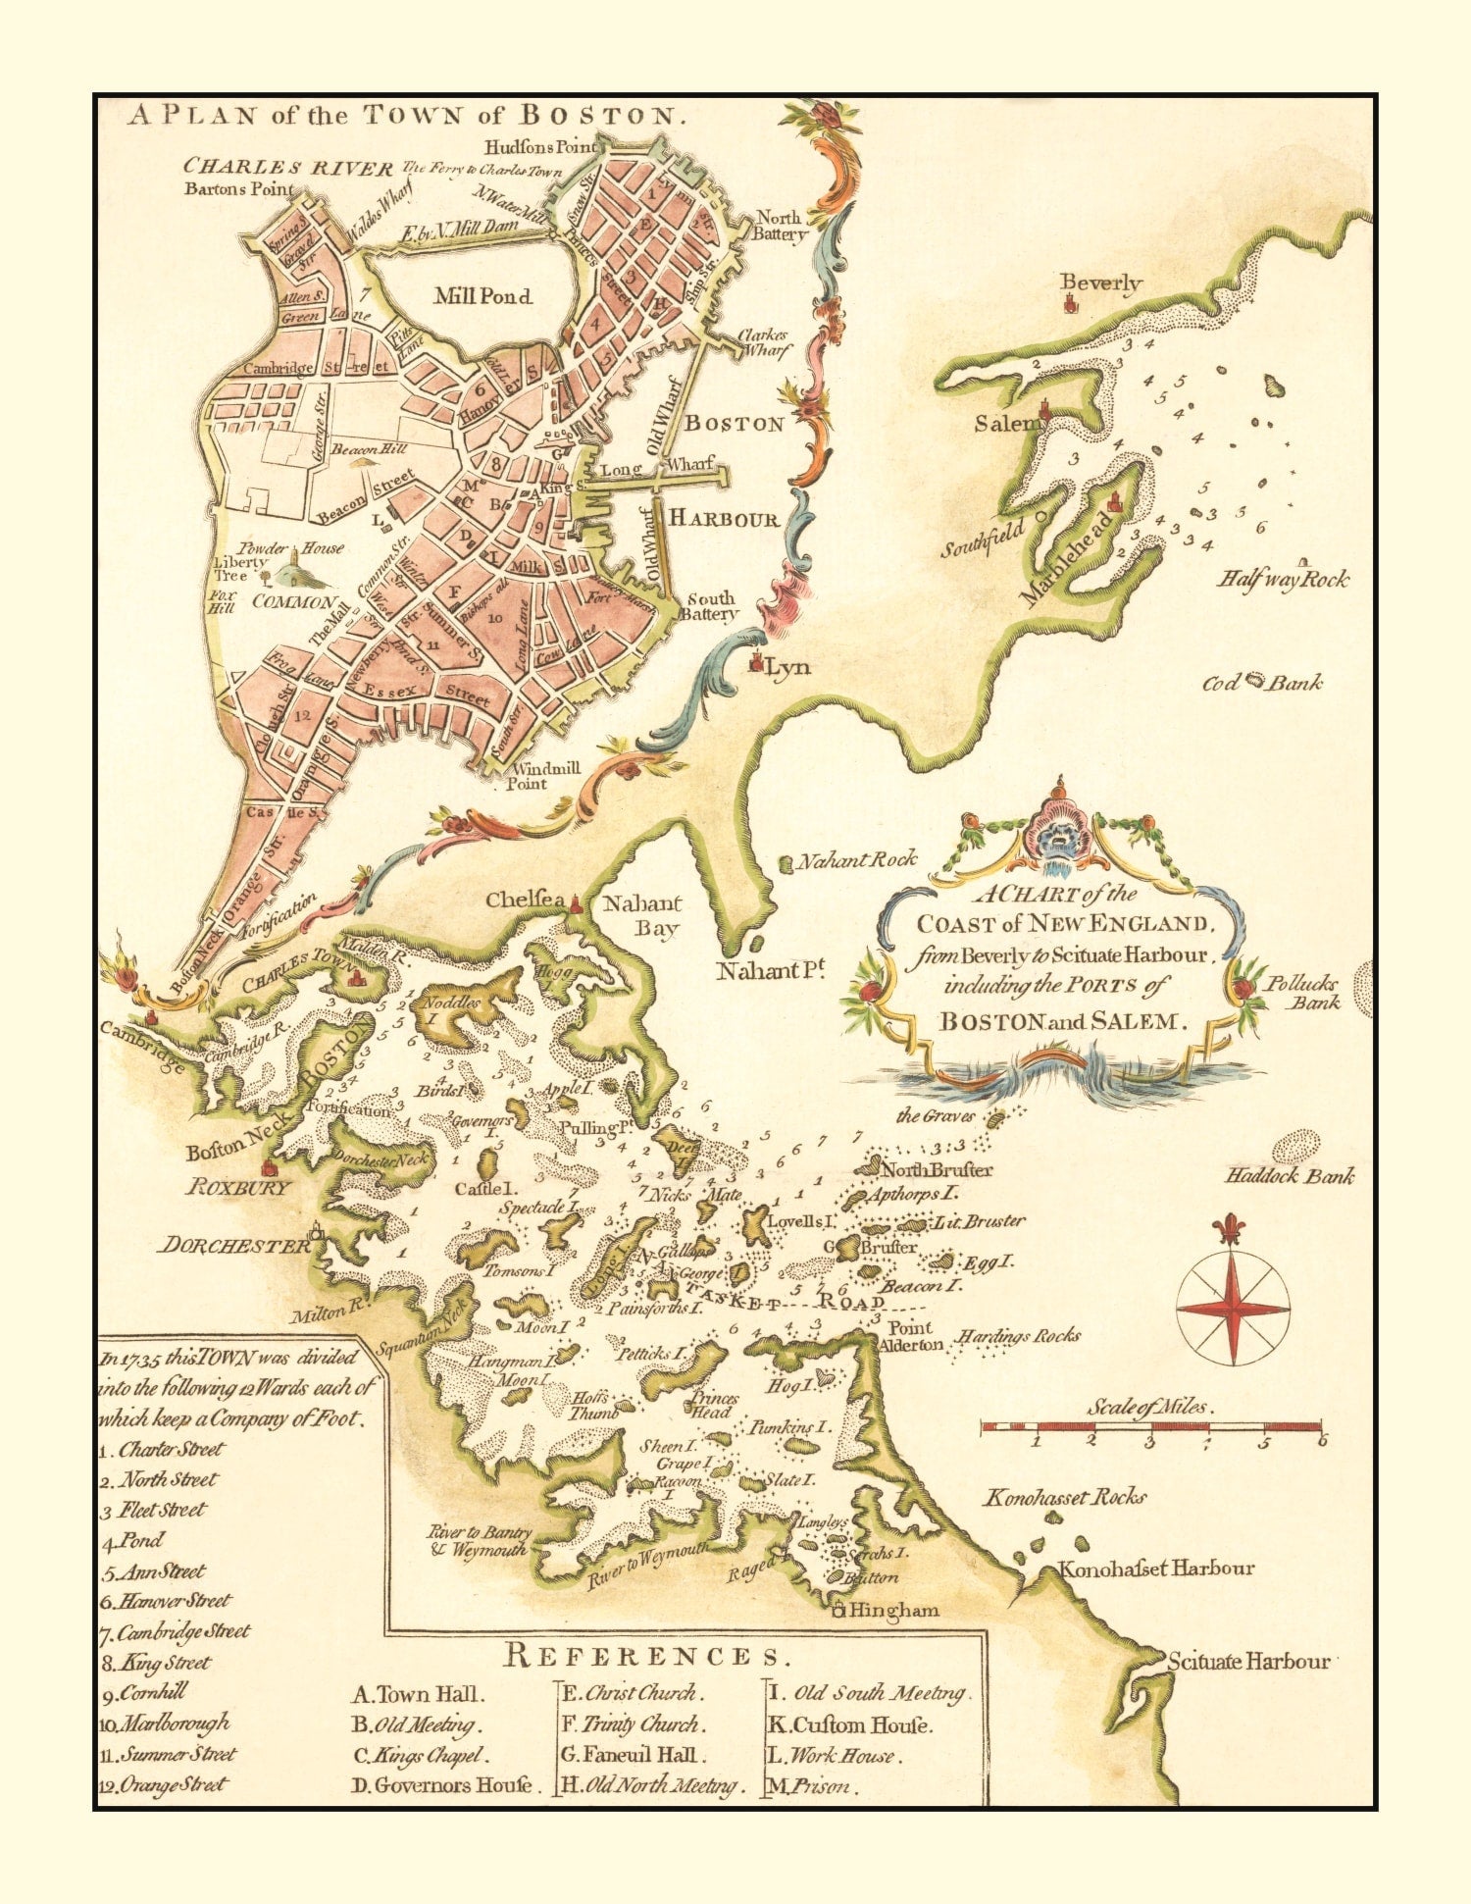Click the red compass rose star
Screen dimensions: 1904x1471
1233,1309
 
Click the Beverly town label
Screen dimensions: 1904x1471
1101,283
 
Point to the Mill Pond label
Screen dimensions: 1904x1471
482,296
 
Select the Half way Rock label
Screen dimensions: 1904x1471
1283,579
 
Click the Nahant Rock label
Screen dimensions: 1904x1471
855,861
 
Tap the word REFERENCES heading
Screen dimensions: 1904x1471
646,1657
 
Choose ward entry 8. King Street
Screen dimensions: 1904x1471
157,1663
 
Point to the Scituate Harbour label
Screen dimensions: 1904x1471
1247,1662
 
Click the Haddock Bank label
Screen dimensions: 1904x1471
1290,1175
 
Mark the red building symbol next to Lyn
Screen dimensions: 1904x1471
755,664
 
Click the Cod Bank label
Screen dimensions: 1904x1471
1262,683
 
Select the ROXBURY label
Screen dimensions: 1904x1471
238,1187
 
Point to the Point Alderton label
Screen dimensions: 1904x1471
912,1336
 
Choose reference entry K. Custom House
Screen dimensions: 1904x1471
848,1724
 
